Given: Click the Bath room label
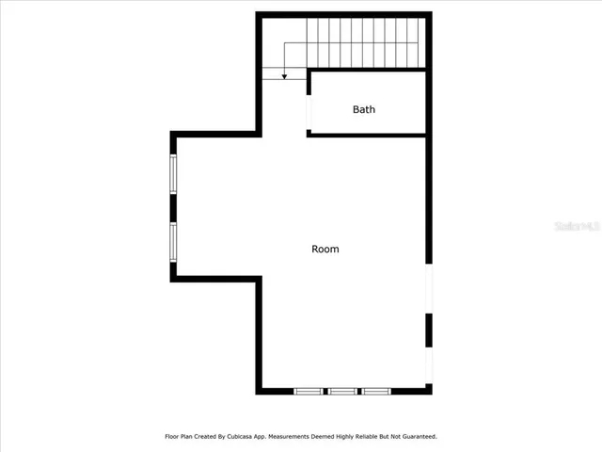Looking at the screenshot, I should tap(364, 109).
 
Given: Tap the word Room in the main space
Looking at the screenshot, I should tap(325, 250).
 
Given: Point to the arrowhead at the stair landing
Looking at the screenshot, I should tap(285, 76).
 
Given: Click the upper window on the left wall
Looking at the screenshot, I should tap(173, 173).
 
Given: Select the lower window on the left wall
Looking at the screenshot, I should tap(173, 241).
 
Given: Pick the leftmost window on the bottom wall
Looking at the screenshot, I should tap(308, 391).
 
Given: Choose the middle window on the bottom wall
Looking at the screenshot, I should tap(342, 391).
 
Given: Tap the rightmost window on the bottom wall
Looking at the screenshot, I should tap(376, 391).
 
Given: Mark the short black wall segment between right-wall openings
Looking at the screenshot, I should tap(429, 330).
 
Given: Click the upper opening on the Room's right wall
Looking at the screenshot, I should tap(429, 288).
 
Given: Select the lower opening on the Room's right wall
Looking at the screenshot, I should tap(429, 365).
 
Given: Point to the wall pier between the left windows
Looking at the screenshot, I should tap(173, 207).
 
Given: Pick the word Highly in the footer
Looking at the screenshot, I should tap(348, 437).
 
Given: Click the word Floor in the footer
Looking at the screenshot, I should tap(172, 437).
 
